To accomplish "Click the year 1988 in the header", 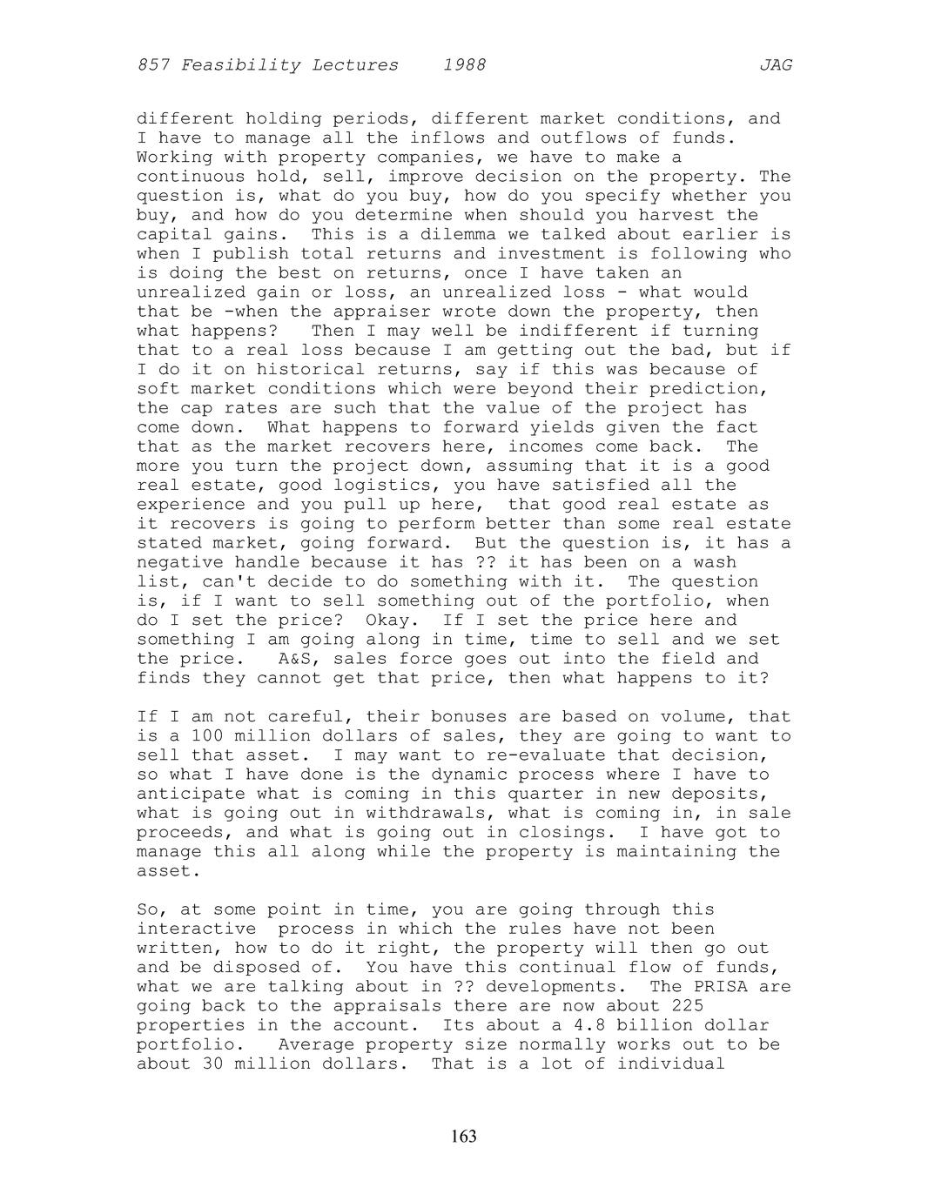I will coord(464,65).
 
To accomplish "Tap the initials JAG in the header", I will coord(776,65).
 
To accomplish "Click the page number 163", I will coord(464,1136).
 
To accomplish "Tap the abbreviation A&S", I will coord(295,659).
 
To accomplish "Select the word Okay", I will coord(393,620).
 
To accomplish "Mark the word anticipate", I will coord(192,794).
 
